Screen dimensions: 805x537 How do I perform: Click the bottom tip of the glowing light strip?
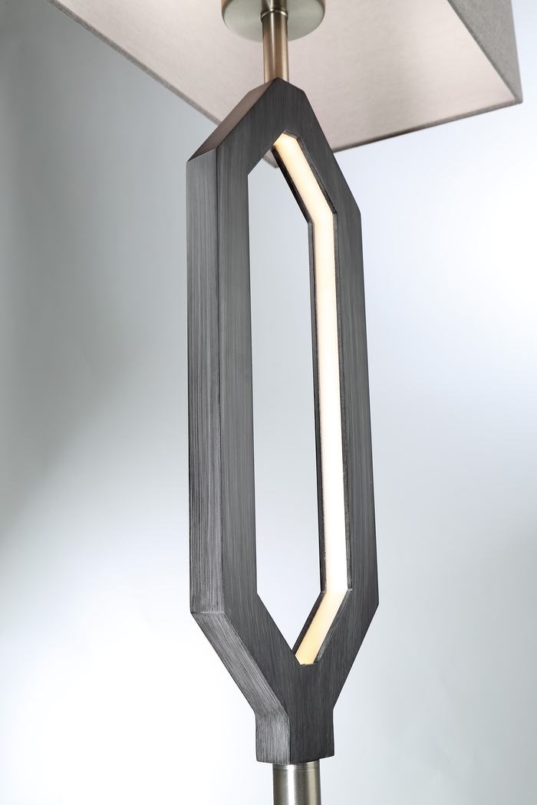(x=304, y=658)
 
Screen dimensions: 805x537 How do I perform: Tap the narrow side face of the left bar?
(x=202, y=383)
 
